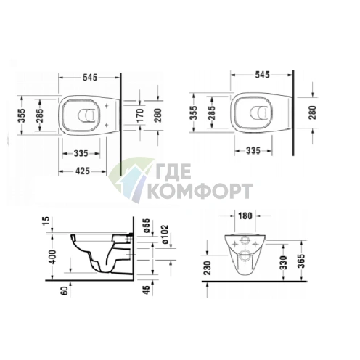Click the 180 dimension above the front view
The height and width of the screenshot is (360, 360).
[x=245, y=216]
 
